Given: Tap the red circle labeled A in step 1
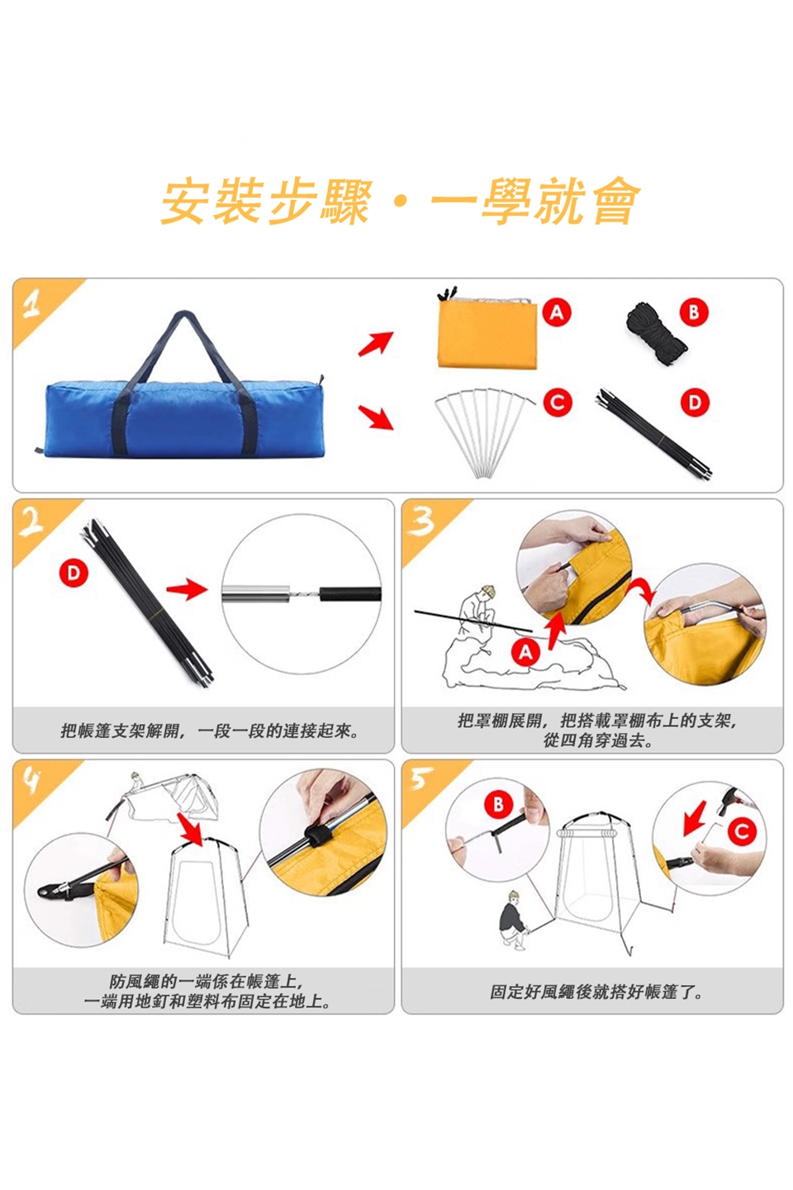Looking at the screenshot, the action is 557,312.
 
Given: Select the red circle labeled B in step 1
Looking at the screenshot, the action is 694,312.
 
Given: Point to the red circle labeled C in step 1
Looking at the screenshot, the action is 558,402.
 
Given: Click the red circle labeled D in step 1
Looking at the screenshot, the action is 695,402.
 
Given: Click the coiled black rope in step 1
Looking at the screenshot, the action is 656,332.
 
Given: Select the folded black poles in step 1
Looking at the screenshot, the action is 654,434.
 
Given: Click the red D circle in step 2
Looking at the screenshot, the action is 73,574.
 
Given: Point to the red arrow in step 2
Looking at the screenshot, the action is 187,589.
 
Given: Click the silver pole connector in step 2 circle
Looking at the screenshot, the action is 256,593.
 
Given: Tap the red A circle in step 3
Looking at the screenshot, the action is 525,651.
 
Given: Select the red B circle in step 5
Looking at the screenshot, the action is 498,805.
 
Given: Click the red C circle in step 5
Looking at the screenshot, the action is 742,831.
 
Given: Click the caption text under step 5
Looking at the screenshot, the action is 596,991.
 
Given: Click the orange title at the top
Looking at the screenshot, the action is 400,201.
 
